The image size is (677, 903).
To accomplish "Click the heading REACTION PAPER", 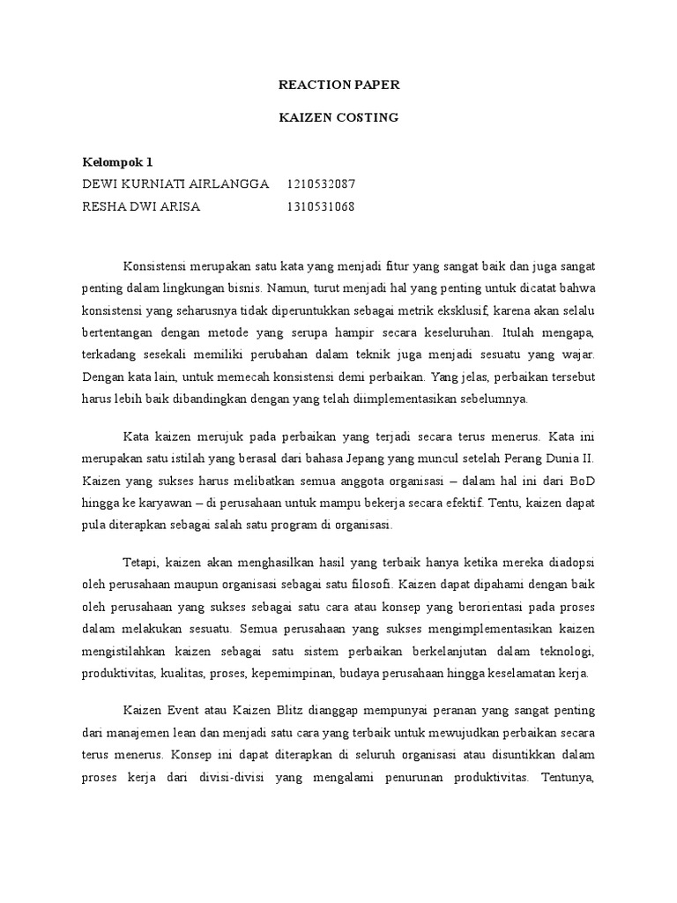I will [338, 86].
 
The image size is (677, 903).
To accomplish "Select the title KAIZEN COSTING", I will [338, 117].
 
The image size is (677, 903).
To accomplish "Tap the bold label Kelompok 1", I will [118, 162].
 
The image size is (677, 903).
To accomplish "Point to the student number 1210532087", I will [321, 184].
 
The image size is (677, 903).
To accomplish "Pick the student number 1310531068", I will [321, 207].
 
